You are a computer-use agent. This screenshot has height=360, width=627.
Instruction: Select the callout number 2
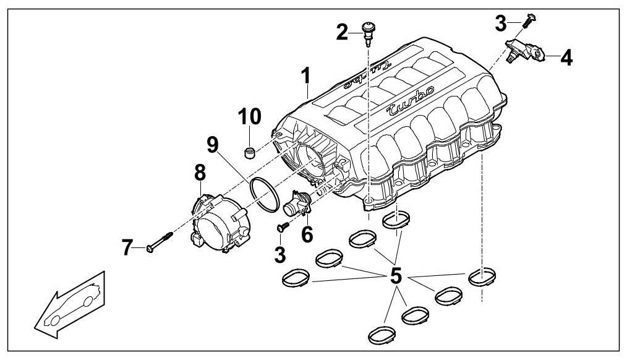342,32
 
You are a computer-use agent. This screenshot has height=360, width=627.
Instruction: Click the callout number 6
307,234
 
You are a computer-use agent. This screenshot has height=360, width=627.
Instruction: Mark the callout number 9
212,145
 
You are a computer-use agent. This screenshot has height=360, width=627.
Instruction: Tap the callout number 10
250,116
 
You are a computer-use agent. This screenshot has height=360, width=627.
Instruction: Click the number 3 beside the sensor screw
501,24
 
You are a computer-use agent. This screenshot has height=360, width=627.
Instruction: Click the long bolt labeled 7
161,242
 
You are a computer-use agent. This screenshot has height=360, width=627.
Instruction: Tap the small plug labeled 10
250,152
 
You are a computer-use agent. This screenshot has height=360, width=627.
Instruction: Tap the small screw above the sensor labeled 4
526,20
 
